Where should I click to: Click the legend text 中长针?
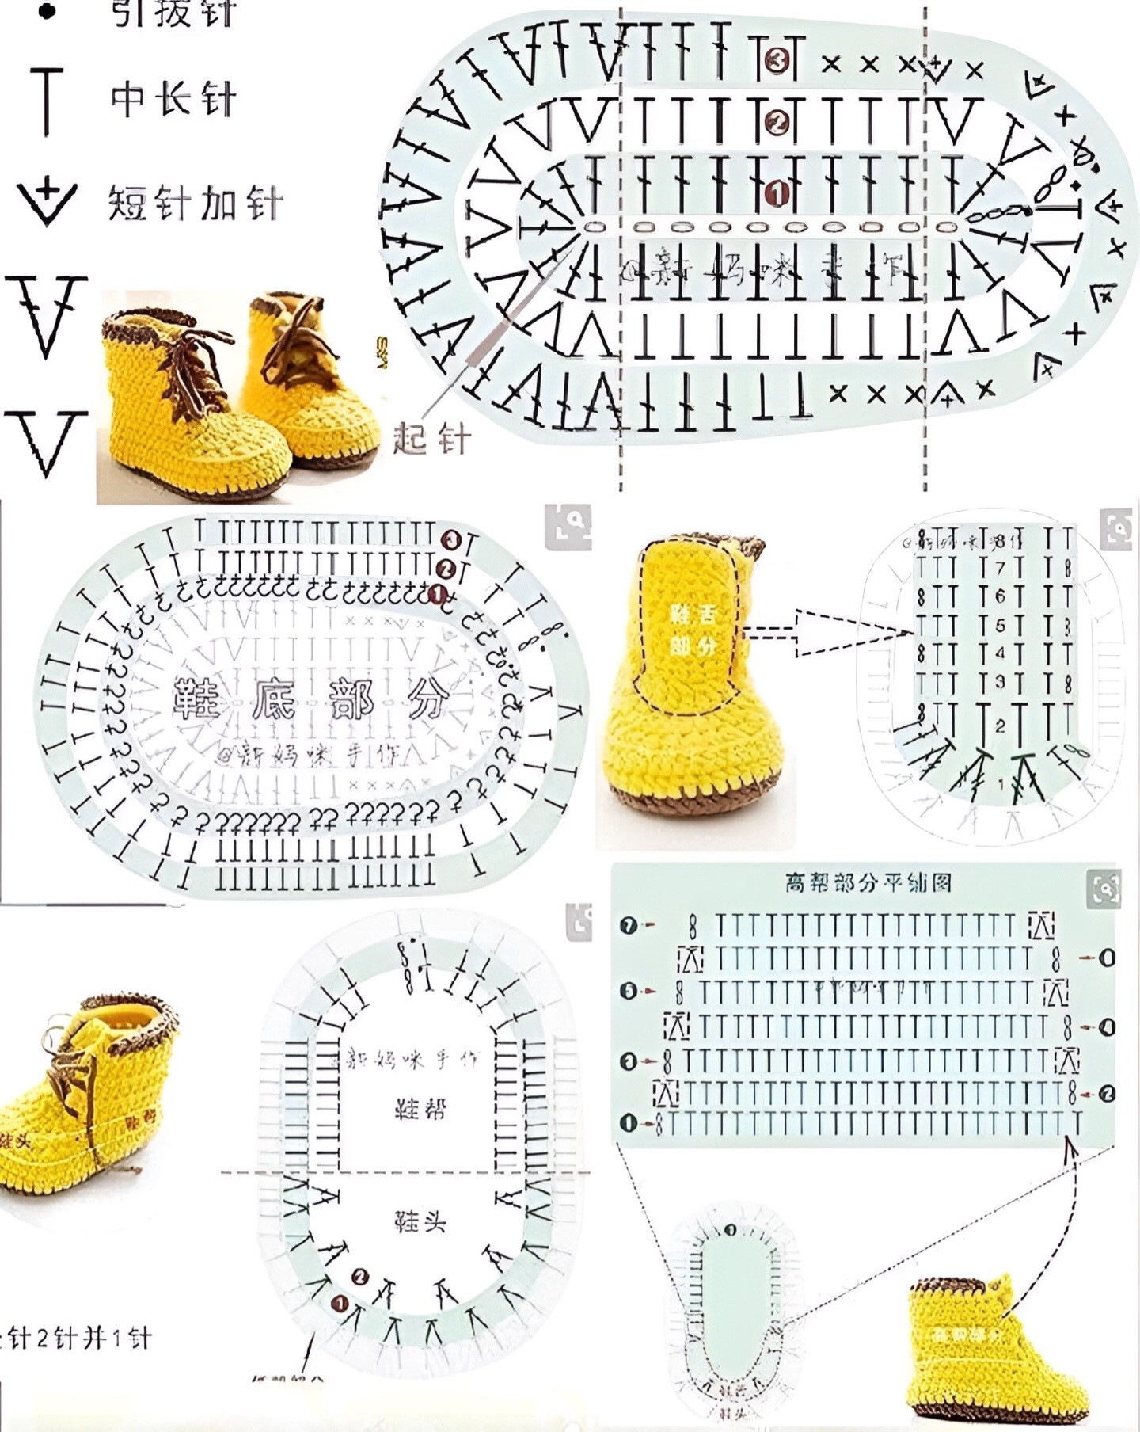click(173, 99)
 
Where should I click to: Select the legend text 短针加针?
click(195, 202)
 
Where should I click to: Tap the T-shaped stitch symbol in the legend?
click(47, 101)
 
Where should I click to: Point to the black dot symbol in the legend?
click(47, 11)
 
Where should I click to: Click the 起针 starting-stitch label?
click(432, 439)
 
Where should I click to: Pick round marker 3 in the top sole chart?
click(776, 60)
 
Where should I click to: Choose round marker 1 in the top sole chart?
click(776, 192)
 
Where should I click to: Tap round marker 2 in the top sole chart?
click(776, 122)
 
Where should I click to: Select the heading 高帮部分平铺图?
click(868, 882)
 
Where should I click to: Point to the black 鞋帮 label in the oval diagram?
click(420, 1108)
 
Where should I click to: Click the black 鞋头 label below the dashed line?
click(420, 1221)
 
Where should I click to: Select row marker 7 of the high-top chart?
click(629, 924)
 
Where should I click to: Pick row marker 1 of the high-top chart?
click(629, 1122)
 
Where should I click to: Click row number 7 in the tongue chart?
click(1000, 568)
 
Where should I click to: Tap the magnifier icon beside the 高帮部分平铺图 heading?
click(1104, 888)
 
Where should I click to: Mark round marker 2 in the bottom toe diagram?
click(360, 1298)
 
